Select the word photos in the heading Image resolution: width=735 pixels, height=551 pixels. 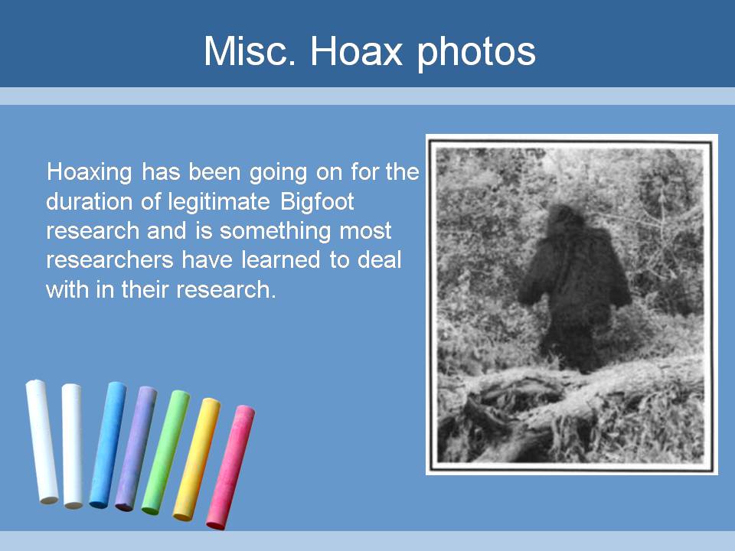pyautogui.click(x=476, y=54)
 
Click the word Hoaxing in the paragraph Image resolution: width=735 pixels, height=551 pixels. pyautogui.click(x=89, y=172)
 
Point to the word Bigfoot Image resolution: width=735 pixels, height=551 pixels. pyautogui.click(x=317, y=202)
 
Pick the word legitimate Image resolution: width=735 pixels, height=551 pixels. pyautogui.click(x=219, y=202)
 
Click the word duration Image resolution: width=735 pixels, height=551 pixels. pyautogui.click(x=89, y=202)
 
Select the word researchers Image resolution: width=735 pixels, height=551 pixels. pyautogui.click(x=109, y=260)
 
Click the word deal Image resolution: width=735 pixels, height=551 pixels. pyautogui.click(x=379, y=260)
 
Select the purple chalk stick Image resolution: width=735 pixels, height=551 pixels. pyautogui.click(x=136, y=448)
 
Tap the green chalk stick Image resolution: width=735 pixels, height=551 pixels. pyautogui.click(x=165, y=452)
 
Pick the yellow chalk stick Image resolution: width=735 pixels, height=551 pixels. pyautogui.click(x=197, y=459)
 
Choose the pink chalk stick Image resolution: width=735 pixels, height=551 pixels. pyautogui.click(x=230, y=467)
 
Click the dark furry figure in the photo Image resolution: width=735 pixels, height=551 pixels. pyautogui.click(x=574, y=285)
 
